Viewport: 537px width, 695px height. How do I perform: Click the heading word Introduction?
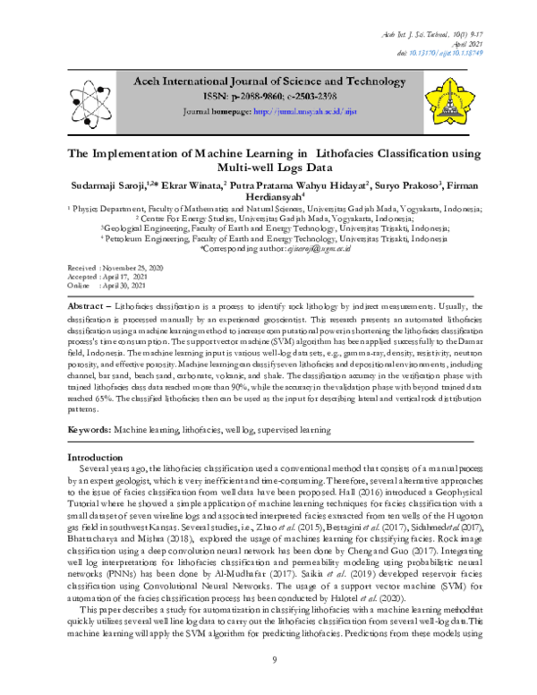[96, 458]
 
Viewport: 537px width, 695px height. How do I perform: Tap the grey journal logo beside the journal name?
[88, 97]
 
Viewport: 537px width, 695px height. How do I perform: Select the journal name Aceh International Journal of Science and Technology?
[270, 82]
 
